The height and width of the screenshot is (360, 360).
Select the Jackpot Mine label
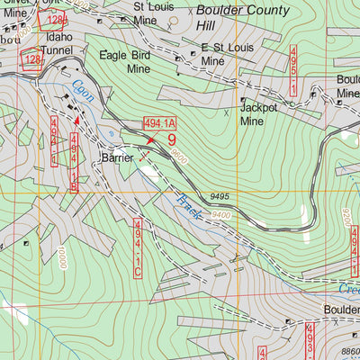(x=259, y=115)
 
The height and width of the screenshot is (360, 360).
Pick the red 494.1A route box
(x=159, y=125)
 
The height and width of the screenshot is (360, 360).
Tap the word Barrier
(x=118, y=157)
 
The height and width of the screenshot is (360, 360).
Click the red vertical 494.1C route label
(x=138, y=247)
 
